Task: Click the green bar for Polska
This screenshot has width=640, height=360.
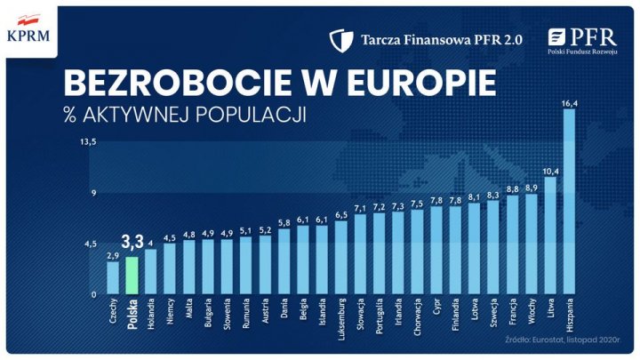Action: pyautogui.click(x=132, y=276)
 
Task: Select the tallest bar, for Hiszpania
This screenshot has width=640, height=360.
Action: pyautogui.click(x=570, y=204)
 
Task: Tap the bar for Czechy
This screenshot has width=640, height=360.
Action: pyautogui.click(x=113, y=277)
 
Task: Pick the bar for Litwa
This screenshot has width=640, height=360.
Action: pyautogui.click(x=550, y=236)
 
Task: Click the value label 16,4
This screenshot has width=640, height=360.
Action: pyautogui.click(x=570, y=104)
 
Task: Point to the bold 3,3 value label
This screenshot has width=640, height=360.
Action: pyautogui.click(x=132, y=242)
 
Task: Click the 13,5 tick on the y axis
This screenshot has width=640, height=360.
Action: pyautogui.click(x=88, y=141)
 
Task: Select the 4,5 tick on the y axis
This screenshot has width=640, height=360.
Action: pyautogui.click(x=90, y=243)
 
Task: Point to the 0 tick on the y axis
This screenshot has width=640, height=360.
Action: pyautogui.click(x=93, y=294)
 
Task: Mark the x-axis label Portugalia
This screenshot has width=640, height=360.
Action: pyautogui.click(x=380, y=319)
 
